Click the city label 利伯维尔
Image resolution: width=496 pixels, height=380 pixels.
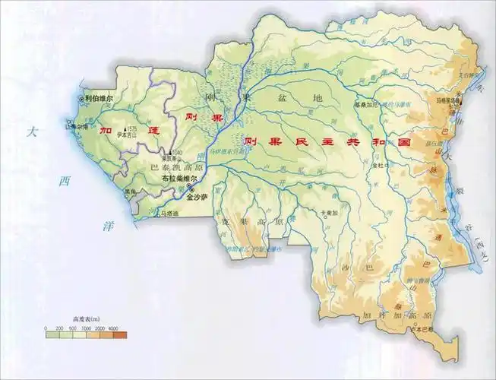tap(99, 99)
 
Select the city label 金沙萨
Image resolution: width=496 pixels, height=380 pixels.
tap(202, 195)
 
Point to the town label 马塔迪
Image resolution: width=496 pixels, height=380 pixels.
tap(173, 214)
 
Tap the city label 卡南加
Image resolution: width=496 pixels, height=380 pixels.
tap(328, 214)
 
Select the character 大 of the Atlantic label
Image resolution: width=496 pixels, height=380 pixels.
tap(31, 132)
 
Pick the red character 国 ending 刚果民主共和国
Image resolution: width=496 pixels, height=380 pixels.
tap(403, 142)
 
